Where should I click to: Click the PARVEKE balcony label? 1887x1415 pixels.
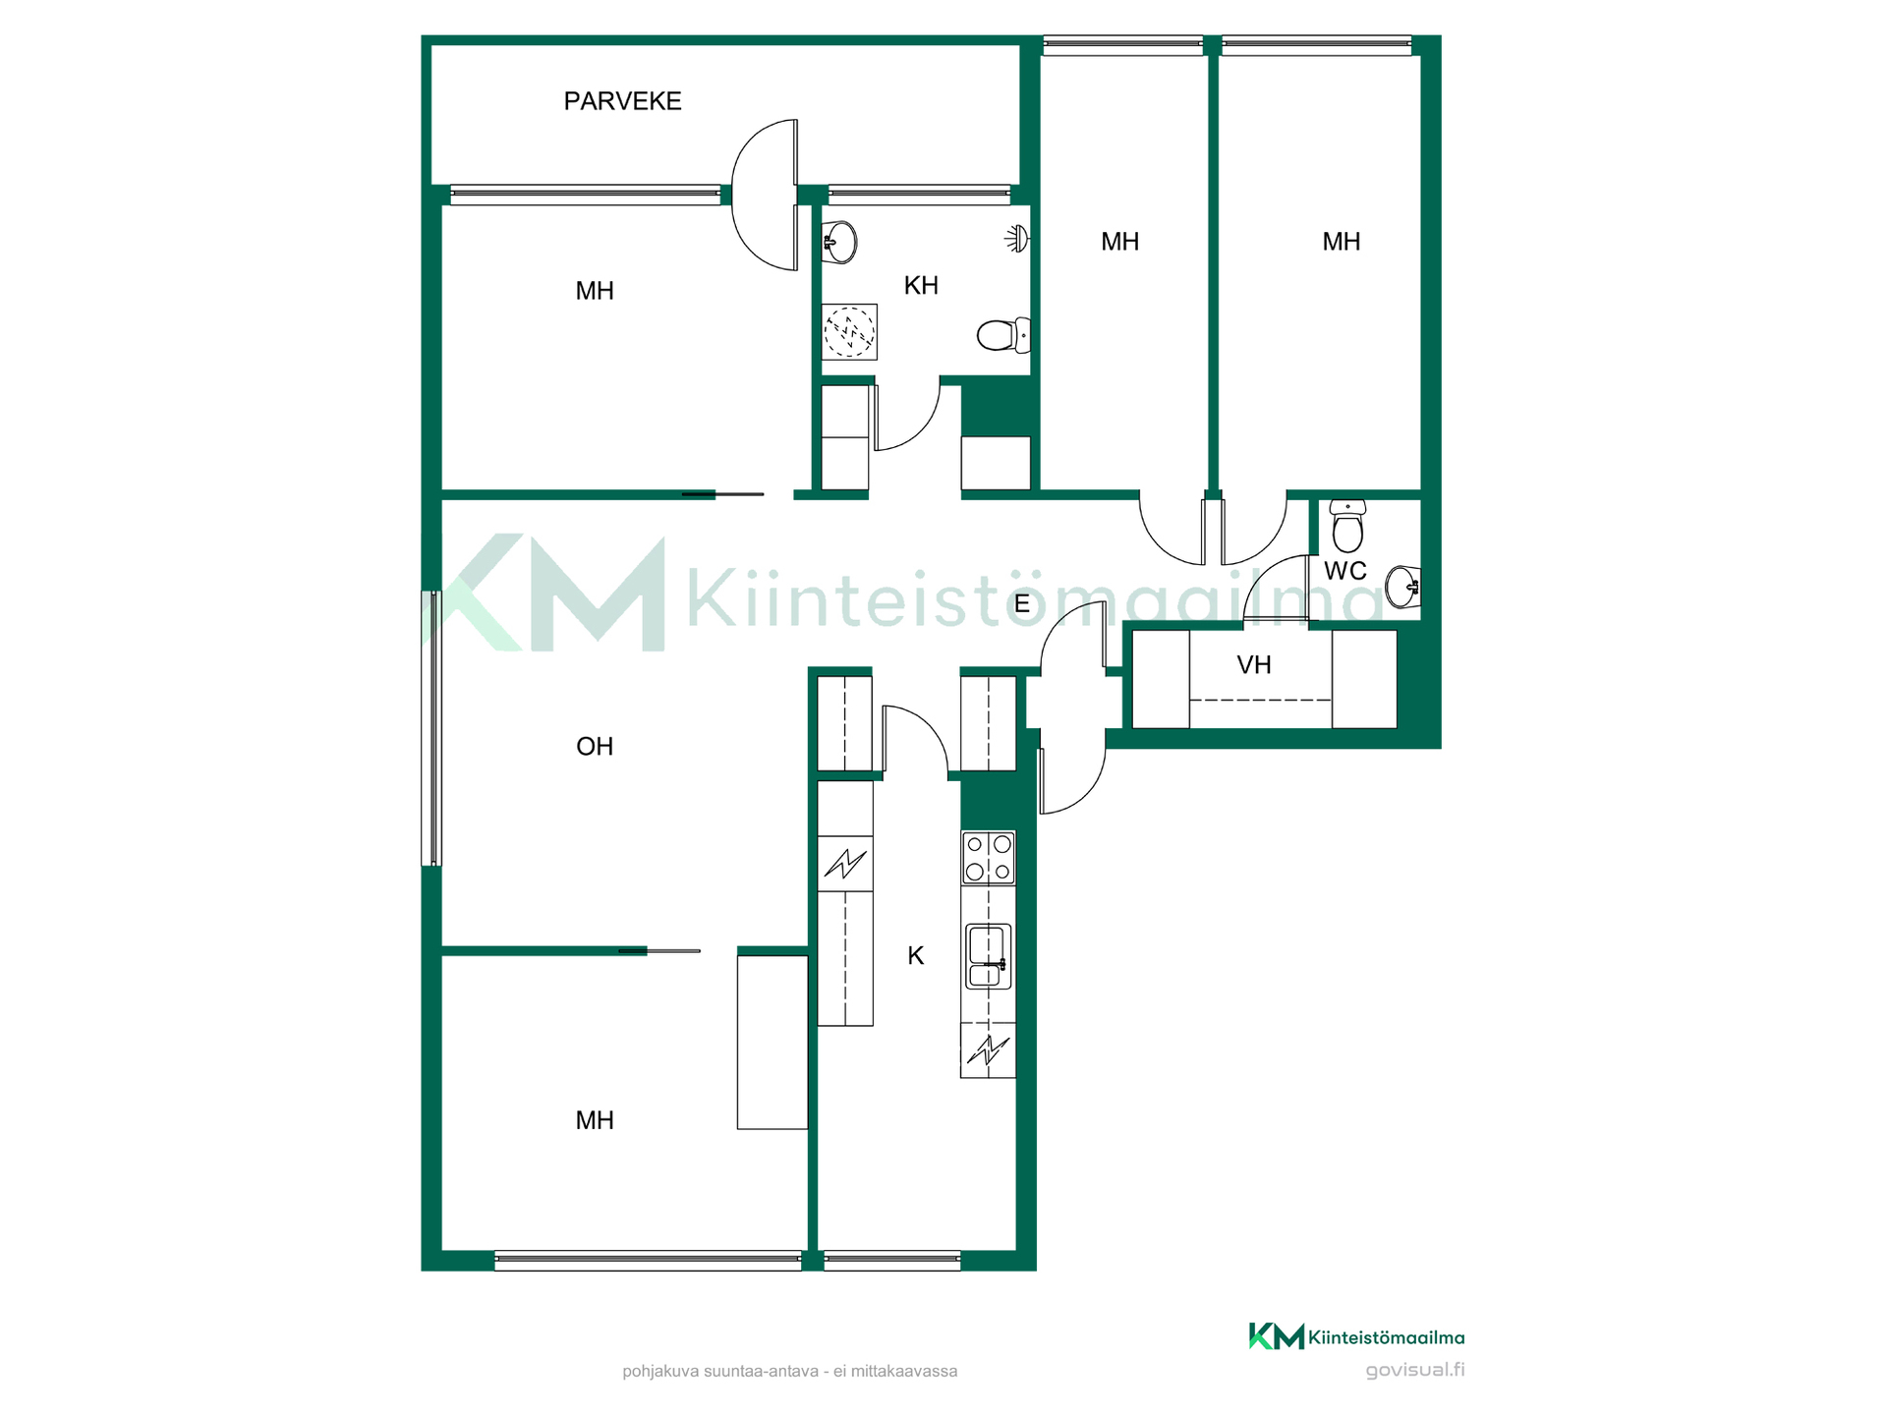tap(622, 101)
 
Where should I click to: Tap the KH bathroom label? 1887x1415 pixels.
tap(921, 286)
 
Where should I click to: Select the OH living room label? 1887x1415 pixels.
tap(595, 747)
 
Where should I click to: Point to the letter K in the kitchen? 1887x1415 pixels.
tap(916, 956)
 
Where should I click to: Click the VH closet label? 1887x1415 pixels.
tap(1254, 665)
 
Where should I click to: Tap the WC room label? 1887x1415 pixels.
tap(1345, 571)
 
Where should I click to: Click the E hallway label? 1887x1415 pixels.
tap(1022, 604)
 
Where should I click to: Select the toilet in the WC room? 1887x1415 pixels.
tap(1347, 526)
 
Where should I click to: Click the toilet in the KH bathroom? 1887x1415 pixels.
tap(1003, 335)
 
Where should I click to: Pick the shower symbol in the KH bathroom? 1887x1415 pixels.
tap(849, 331)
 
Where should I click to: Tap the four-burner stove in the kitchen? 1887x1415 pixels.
tap(989, 858)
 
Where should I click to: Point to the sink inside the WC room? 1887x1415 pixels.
tap(1402, 587)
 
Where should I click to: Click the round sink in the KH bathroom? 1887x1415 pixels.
tap(839, 242)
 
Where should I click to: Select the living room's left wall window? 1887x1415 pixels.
tap(431, 728)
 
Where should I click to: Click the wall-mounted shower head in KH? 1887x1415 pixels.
tap(1017, 238)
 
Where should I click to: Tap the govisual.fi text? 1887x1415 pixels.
tap(1415, 1371)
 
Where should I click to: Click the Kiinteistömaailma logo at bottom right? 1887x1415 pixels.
tap(1356, 1336)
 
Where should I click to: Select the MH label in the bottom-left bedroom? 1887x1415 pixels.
tap(595, 1121)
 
